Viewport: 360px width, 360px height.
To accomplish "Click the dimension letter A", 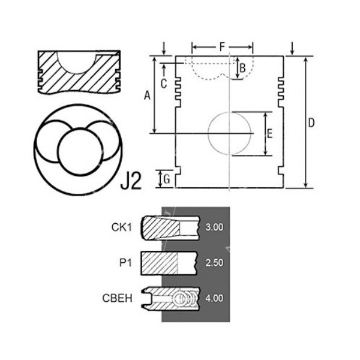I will pyautogui.click(x=146, y=94).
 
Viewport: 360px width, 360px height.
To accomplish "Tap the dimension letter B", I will pyautogui.click(x=242, y=68).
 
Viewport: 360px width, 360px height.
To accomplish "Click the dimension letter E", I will pyautogui.click(x=269, y=134).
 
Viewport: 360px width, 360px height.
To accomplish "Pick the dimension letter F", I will pyautogui.click(x=222, y=46).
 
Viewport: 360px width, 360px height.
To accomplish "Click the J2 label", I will pyautogui.click(x=131, y=181).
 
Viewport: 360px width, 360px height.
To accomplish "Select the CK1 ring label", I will pyautogui.click(x=122, y=227).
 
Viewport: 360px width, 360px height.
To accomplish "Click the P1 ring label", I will pyautogui.click(x=125, y=262).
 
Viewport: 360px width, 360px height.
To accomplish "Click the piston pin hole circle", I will pyautogui.click(x=230, y=133).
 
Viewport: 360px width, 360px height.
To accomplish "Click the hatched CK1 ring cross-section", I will pyautogui.click(x=161, y=227).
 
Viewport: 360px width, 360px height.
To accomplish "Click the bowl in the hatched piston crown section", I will pyautogui.click(x=77, y=60).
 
